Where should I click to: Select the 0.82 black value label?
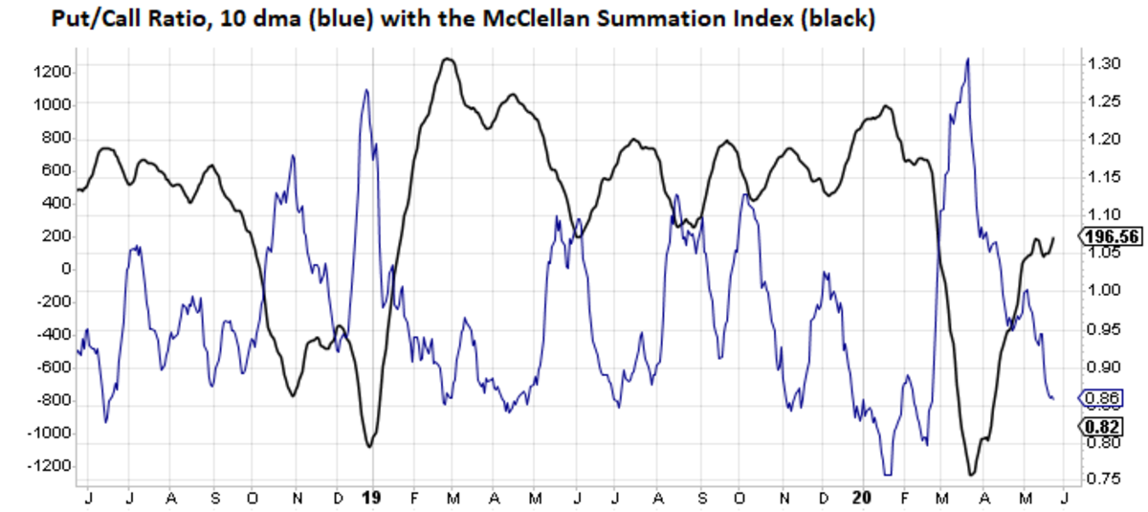pyautogui.click(x=1100, y=427)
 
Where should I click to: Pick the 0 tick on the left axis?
pyautogui.click(x=65, y=269)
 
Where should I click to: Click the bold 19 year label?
pyautogui.click(x=372, y=498)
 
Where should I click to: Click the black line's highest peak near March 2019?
pyautogui.click(x=447, y=59)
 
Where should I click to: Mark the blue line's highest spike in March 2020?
pyautogui.click(x=968, y=59)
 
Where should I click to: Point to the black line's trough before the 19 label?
pyautogui.click(x=369, y=446)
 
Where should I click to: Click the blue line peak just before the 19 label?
pyautogui.click(x=365, y=90)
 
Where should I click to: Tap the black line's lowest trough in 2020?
pyautogui.click(x=972, y=474)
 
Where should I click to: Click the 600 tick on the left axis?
pyautogui.click(x=57, y=170)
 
